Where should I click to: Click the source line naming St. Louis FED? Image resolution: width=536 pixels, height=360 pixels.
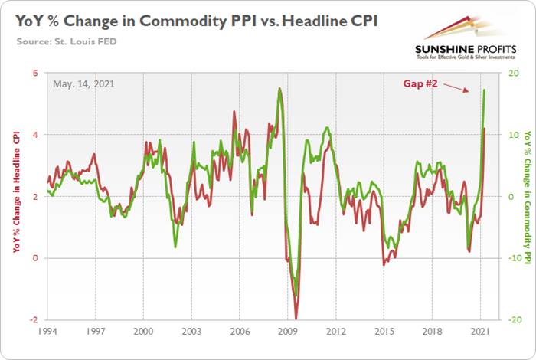67,38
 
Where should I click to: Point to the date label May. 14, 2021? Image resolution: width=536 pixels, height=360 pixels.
83,83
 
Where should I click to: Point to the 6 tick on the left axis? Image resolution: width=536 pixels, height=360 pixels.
35,73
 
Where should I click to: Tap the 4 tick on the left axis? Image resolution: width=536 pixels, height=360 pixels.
35,135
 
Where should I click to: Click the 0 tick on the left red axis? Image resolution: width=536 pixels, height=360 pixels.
35,258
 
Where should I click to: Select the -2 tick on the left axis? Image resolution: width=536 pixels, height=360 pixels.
34,319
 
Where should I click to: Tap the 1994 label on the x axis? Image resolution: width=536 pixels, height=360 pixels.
47,334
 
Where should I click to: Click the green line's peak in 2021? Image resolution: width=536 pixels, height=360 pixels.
485,90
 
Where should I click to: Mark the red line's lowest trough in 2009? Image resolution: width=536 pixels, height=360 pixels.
296,318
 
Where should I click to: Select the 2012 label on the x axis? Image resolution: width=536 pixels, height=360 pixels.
335,334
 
